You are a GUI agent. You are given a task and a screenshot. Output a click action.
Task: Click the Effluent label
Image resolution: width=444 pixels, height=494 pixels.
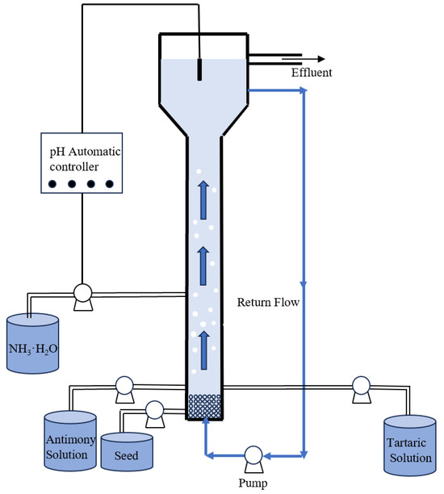[313, 73]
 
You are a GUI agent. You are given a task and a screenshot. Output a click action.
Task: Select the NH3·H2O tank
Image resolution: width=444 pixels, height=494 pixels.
[33, 343]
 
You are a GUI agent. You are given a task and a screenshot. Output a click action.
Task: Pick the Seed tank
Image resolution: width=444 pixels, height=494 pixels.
[127, 452]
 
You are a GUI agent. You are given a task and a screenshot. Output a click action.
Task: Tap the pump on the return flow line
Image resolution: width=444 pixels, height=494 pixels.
[253, 454]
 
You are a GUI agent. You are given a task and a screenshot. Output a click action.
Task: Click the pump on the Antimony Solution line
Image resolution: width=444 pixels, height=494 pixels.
[124, 387]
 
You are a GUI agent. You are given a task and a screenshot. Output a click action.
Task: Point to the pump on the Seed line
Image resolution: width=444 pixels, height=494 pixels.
[155, 409]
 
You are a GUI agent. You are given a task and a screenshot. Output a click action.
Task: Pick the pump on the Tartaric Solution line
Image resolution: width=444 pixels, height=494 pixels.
[360, 387]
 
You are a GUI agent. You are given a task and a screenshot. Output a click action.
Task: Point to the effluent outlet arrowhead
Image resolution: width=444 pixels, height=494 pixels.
[320, 59]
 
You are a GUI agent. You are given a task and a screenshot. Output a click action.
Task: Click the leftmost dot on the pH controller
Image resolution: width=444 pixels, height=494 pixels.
[53, 183]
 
